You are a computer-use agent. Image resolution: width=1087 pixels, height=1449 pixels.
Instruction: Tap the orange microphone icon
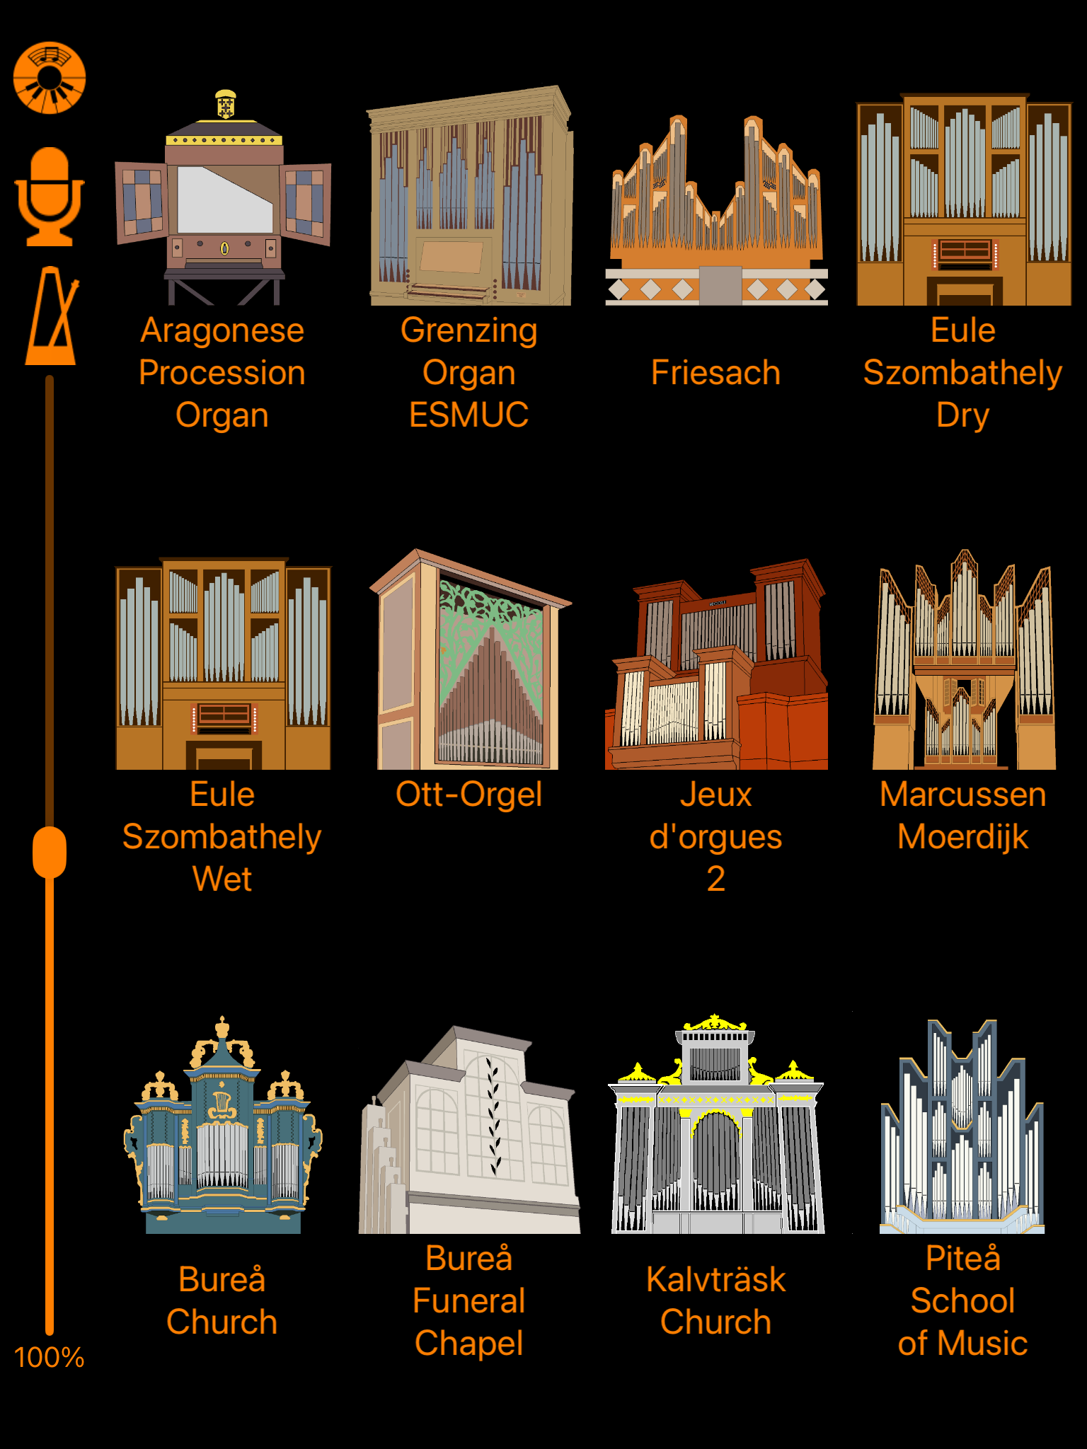[50, 196]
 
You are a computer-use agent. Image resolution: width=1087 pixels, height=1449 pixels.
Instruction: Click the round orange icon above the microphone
[50, 78]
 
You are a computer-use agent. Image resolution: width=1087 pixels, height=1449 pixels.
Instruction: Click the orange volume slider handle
[50, 852]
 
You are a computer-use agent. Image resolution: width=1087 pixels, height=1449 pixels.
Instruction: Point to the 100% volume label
[49, 1358]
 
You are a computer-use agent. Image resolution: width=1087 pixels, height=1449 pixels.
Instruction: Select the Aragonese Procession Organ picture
[223, 205]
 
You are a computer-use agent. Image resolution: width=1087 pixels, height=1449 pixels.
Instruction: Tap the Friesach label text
[715, 373]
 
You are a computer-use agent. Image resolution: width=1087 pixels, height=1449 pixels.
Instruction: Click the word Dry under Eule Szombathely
[962, 415]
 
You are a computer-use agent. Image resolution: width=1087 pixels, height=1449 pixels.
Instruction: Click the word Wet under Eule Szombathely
[222, 879]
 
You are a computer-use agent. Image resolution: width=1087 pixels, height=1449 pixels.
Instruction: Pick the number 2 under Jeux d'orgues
[715, 879]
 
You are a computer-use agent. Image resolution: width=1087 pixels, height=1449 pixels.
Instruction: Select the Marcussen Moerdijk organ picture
[963, 662]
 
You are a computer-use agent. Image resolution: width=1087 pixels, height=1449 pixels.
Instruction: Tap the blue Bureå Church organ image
[223, 1128]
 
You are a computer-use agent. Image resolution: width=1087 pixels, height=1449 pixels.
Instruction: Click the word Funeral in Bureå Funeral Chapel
[469, 1301]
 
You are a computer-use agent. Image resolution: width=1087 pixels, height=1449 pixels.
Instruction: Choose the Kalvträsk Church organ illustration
[716, 1128]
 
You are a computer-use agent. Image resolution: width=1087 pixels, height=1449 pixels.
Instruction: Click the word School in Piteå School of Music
[962, 1301]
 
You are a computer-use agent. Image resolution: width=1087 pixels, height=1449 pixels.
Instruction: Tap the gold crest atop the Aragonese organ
[226, 105]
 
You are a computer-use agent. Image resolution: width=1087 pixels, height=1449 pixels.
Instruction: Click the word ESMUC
[469, 415]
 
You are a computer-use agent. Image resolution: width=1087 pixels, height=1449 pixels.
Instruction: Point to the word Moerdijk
[962, 837]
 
